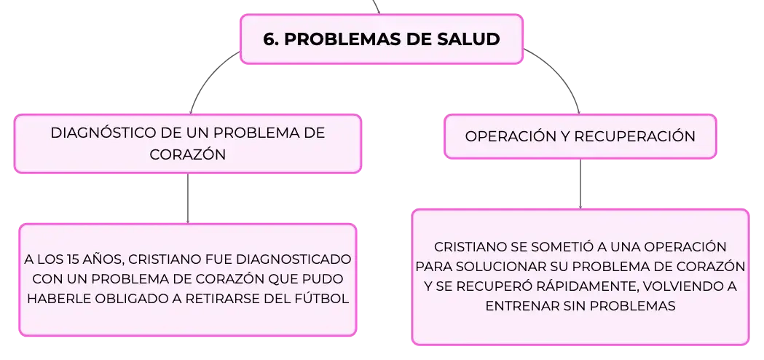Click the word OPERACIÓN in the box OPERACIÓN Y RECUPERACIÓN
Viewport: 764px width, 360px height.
click(508, 136)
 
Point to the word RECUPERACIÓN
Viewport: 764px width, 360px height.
click(635, 136)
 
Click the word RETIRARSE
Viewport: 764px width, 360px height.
click(212, 299)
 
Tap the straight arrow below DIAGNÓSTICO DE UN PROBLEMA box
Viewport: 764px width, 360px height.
click(188, 198)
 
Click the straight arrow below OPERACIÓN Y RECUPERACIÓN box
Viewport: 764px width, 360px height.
click(580, 184)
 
